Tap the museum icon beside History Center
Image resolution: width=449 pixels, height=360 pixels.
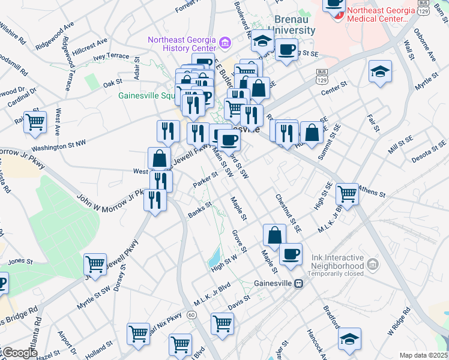point(225,42)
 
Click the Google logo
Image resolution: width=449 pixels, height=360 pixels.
point(19,353)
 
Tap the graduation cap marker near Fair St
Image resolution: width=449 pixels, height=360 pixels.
point(379,72)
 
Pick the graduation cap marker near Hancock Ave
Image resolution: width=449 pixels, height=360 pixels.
point(349,339)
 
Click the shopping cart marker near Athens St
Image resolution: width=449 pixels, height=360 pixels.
point(348,193)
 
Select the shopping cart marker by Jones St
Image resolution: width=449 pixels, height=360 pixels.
point(95,263)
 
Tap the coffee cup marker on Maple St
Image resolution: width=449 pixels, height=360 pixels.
point(291,254)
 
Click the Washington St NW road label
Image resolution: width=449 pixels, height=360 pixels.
point(59,145)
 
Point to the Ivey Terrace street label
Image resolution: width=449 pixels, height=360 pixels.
point(110,56)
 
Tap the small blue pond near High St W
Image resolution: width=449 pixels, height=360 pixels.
point(214,259)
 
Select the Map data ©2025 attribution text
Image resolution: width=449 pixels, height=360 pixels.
point(423,355)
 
